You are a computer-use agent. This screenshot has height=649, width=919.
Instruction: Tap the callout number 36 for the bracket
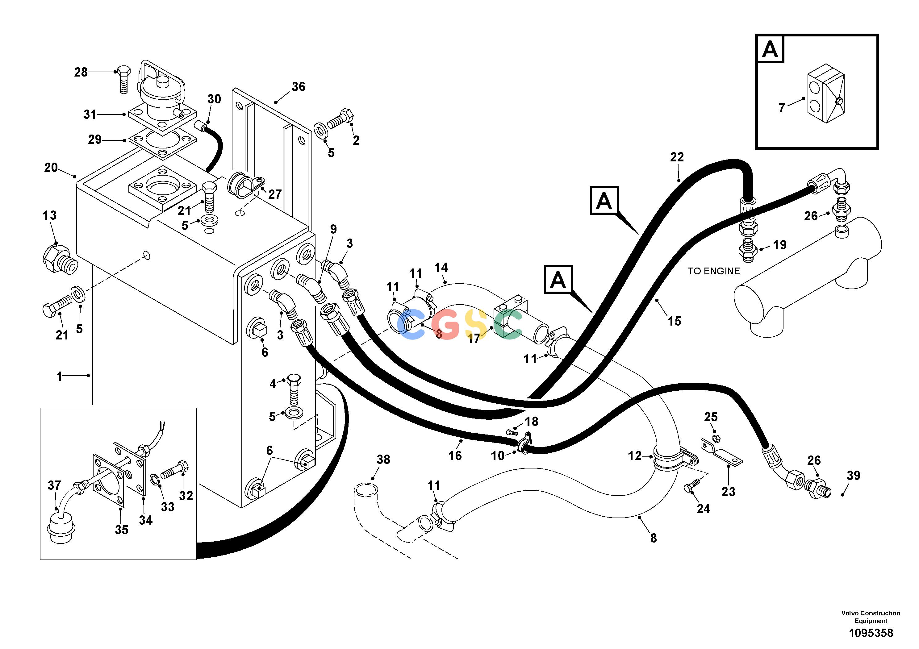click(298, 86)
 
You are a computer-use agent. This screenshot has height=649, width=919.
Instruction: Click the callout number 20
click(51, 167)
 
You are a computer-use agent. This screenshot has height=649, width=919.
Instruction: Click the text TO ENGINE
click(714, 271)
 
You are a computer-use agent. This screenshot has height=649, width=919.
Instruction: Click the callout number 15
click(675, 321)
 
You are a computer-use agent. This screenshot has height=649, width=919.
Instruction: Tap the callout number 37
click(54, 485)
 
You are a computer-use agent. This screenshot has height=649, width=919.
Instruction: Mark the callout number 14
click(441, 267)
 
